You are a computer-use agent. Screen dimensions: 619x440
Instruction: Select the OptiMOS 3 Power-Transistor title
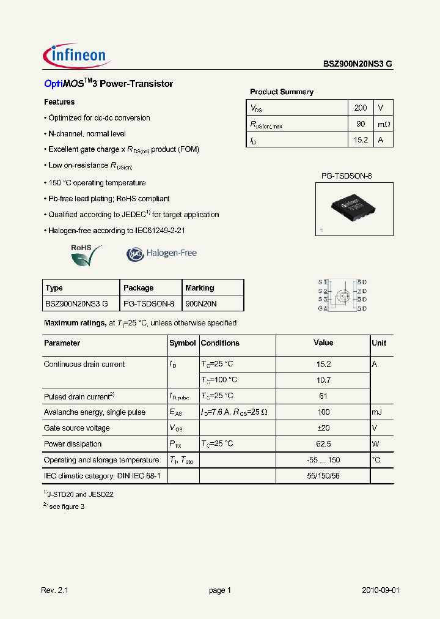[x=108, y=84]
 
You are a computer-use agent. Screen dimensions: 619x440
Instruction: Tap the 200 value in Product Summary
[x=361, y=108]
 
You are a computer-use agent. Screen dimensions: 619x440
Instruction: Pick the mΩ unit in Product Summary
[x=383, y=124]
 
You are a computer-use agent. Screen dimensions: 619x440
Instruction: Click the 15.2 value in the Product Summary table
[x=361, y=140]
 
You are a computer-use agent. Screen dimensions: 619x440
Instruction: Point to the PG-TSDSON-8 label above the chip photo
[x=346, y=176]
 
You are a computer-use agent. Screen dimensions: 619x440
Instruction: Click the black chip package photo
[x=354, y=209]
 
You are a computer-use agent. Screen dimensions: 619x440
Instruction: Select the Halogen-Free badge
[x=162, y=254]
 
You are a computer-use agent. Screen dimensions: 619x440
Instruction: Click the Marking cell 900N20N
[x=201, y=303]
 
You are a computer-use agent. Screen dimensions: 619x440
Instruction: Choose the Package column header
[x=139, y=287]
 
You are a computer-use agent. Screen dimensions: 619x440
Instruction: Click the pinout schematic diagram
[x=342, y=295]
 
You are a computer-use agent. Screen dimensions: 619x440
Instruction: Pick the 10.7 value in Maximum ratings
[x=323, y=380]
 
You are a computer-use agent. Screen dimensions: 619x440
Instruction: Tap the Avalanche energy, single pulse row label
[x=95, y=412]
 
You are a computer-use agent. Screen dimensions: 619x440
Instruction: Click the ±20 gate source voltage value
[x=323, y=428]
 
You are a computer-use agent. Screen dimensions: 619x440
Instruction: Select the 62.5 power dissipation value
[x=323, y=444]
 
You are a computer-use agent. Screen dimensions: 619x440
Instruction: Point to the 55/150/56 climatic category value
[x=323, y=475]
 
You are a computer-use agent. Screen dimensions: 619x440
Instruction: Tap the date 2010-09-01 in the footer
[x=380, y=590]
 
